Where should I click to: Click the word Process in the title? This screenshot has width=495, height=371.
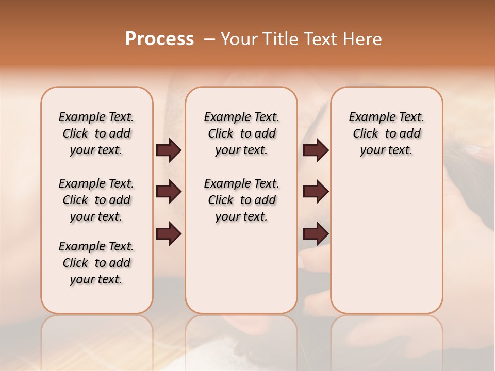[x=159, y=39]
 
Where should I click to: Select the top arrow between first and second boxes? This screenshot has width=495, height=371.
[x=168, y=150]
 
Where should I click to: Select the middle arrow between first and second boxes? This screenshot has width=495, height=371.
[x=168, y=192]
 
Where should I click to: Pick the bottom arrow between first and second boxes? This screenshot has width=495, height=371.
[x=168, y=234]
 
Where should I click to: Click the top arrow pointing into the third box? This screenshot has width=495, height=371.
[x=316, y=150]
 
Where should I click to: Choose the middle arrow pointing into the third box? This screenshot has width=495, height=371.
[x=316, y=192]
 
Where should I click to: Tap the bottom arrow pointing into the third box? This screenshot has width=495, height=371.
[x=316, y=234]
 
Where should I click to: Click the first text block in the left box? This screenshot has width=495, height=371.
[x=96, y=133]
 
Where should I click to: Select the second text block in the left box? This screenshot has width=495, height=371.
[x=96, y=200]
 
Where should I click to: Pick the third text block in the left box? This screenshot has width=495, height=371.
[x=96, y=263]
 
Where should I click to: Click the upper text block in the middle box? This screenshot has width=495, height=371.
[x=241, y=133]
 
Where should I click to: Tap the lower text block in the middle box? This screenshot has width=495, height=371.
[x=241, y=200]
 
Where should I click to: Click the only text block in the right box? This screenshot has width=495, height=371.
[x=386, y=133]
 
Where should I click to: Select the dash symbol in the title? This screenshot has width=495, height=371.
[x=209, y=39]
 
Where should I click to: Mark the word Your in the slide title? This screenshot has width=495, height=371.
[x=239, y=39]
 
